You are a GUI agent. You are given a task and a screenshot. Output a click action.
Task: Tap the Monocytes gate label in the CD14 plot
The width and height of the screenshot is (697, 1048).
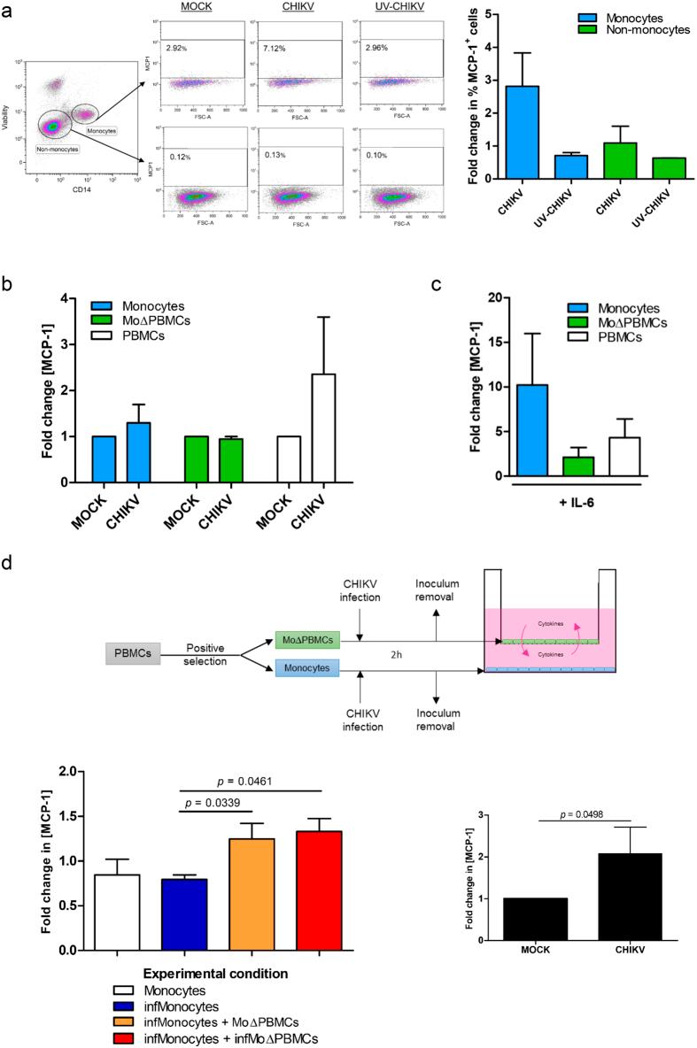tap(105, 129)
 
